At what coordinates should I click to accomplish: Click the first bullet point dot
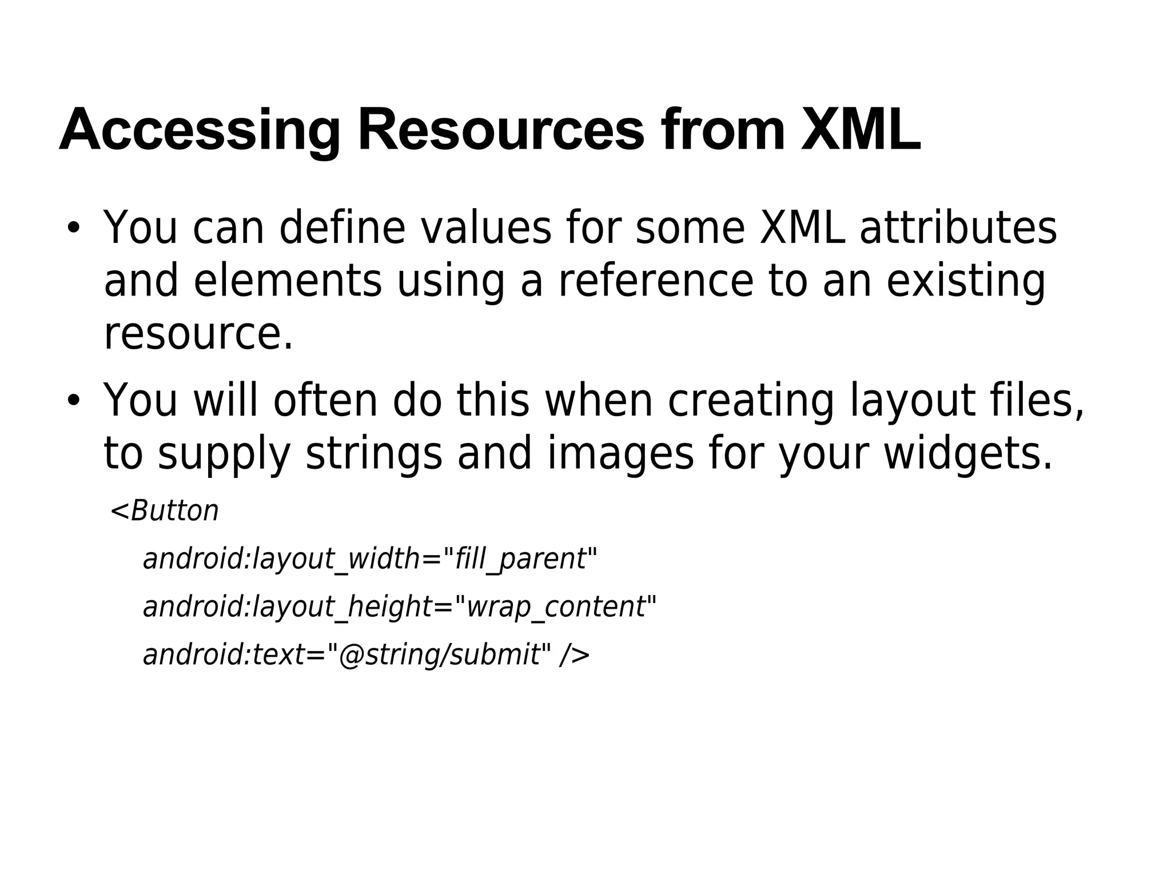73,228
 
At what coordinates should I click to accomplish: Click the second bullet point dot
73,400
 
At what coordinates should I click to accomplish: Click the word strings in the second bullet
374,454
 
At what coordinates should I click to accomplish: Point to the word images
620,454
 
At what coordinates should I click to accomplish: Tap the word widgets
967,454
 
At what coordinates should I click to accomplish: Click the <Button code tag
165,510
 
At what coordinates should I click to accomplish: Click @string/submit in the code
439,654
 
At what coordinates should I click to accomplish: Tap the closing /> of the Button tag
574,654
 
